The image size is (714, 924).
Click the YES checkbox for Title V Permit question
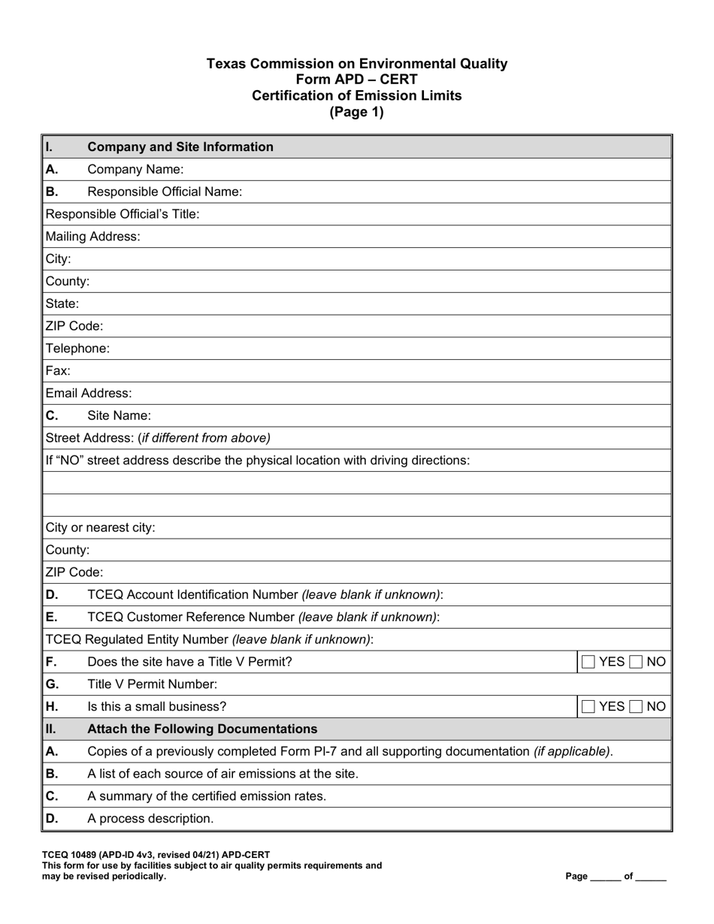click(588, 662)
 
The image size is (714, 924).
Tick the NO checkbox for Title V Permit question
click(636, 662)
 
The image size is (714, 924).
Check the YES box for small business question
click(588, 706)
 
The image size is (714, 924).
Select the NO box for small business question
click(636, 706)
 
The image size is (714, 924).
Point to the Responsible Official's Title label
click(123, 214)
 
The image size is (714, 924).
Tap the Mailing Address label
click(92, 237)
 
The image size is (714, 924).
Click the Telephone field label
click(77, 349)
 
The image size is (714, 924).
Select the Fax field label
click(58, 371)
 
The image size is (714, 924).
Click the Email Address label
click(89, 393)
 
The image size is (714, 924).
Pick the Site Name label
click(119, 415)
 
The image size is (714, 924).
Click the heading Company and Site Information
click(180, 146)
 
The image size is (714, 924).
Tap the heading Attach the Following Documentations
click(202, 729)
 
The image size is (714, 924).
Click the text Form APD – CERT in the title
click(357, 80)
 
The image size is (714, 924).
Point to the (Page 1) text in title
click(357, 112)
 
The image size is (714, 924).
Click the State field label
click(62, 303)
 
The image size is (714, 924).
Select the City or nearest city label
click(101, 527)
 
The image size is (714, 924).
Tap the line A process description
click(150, 819)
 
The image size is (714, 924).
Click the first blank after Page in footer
click(606, 877)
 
